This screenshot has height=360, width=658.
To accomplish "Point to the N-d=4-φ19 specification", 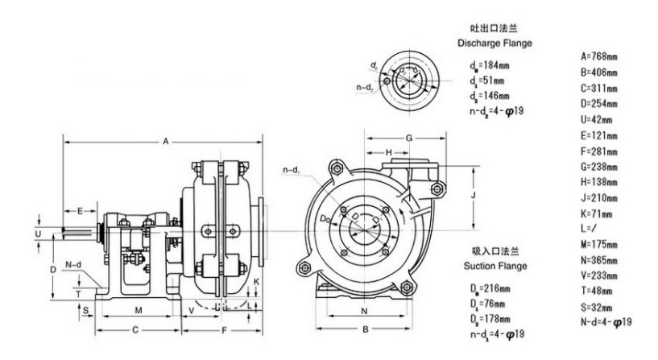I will pyautogui.click(x=605, y=322).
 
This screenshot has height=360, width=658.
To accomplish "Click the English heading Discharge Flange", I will pyautogui.click(x=495, y=43).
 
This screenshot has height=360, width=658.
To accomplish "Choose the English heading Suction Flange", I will pyautogui.click(x=495, y=266).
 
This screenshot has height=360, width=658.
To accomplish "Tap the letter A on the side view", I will pyautogui.click(x=165, y=142).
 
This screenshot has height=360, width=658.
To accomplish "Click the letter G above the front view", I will pyautogui.click(x=408, y=138).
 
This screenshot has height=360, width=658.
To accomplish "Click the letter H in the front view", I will pyautogui.click(x=388, y=152).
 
